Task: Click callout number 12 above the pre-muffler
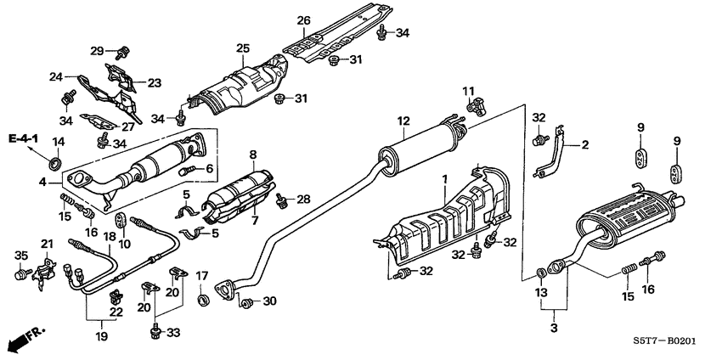coord(403,121)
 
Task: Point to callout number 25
coord(243,48)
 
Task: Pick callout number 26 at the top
coord(304,20)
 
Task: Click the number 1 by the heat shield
coord(443,181)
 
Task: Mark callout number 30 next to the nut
coord(269,301)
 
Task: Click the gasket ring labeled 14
coord(57,161)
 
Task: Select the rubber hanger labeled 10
coord(120,222)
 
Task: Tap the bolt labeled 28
coord(279,200)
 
